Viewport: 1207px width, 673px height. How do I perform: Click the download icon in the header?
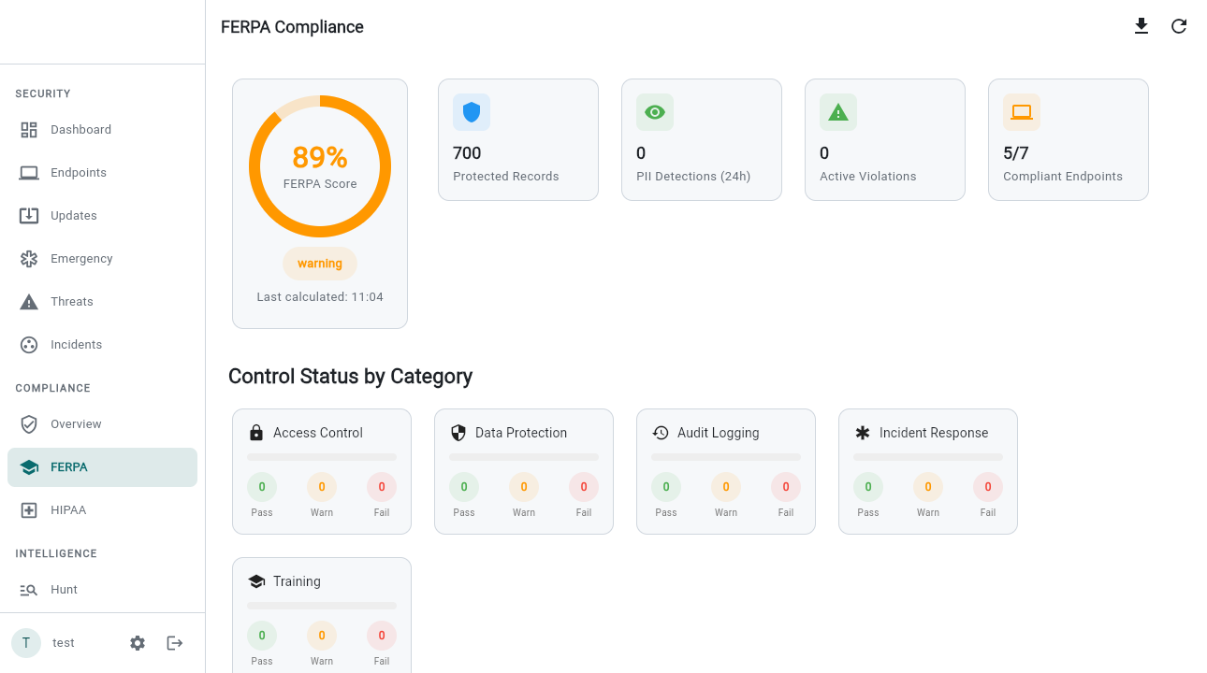click(x=1142, y=26)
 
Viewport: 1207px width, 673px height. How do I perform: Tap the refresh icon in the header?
click(x=1179, y=26)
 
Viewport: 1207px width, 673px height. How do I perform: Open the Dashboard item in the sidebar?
click(x=80, y=130)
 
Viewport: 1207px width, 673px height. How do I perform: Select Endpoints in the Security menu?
click(x=79, y=173)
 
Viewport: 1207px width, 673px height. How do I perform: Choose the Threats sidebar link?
click(x=72, y=302)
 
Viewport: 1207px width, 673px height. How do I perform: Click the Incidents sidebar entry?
click(x=76, y=345)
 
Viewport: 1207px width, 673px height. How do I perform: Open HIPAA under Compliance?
click(x=68, y=510)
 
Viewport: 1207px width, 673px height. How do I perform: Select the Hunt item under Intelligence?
click(x=64, y=590)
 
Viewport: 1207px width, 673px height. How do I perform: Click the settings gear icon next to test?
click(x=138, y=643)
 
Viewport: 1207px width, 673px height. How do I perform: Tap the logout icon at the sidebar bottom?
click(x=175, y=643)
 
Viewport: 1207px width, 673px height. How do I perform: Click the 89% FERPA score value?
click(x=320, y=157)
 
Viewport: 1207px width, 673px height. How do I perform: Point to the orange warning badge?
click(x=320, y=264)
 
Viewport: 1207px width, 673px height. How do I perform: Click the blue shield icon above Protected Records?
click(x=472, y=112)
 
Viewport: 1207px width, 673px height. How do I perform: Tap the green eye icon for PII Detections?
click(x=655, y=112)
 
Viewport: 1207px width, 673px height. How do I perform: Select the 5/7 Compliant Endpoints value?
click(x=1016, y=153)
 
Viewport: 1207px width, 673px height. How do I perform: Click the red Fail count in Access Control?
click(x=382, y=487)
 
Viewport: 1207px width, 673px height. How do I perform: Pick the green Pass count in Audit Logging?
click(x=666, y=487)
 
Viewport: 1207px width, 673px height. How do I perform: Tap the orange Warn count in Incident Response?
click(x=928, y=487)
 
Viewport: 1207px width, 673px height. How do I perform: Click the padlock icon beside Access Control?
click(x=256, y=433)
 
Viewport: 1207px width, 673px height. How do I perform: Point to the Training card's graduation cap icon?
click(x=256, y=581)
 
